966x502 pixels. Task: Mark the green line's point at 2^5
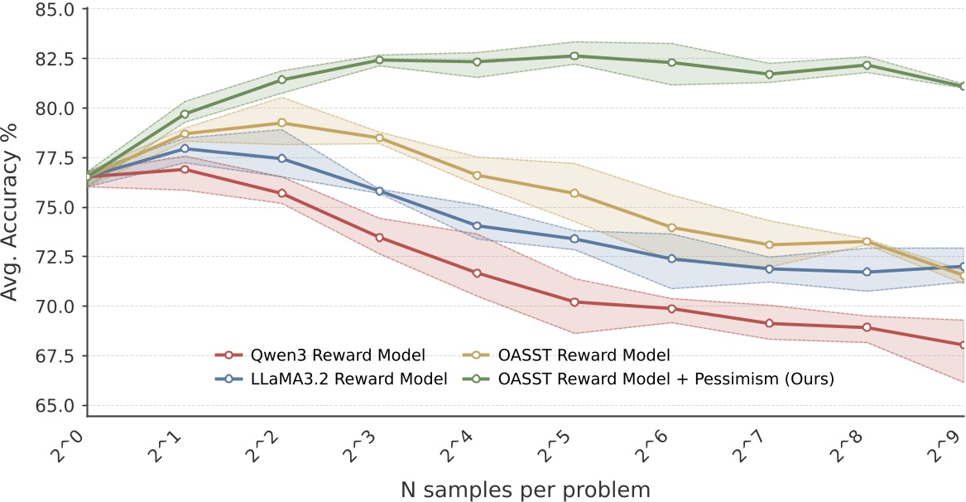pos(574,56)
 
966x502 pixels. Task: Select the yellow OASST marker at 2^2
pos(282,123)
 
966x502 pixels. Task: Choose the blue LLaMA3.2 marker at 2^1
pos(185,148)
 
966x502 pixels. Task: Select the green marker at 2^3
pos(380,60)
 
